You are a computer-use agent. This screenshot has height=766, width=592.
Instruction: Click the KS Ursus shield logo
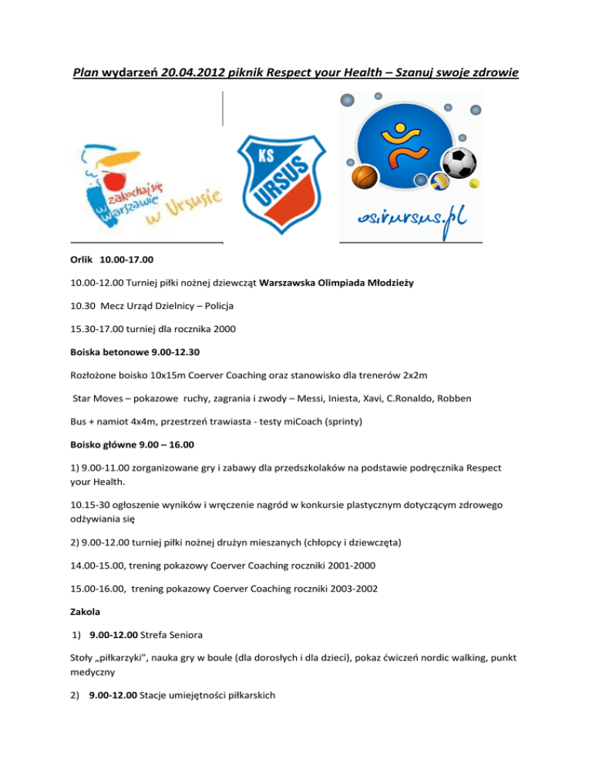tap(281, 184)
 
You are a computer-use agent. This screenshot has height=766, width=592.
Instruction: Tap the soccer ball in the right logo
tap(459, 162)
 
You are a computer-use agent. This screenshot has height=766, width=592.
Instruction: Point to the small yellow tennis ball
tap(473, 183)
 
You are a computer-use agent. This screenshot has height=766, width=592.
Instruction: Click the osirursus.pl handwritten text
tap(411, 220)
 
